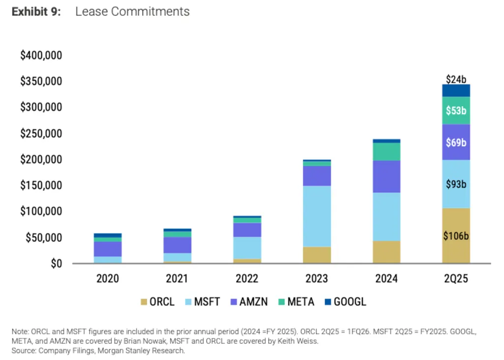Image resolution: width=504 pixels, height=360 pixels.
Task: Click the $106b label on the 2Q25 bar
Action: pos(456,236)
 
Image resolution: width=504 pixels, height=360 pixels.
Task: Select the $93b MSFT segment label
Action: pos(456,184)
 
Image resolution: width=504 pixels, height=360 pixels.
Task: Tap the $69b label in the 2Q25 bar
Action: pos(456,143)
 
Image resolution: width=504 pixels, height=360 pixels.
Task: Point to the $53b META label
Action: pos(456,111)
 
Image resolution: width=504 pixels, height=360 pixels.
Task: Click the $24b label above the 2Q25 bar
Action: pos(456,79)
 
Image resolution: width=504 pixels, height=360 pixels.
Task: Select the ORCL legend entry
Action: pos(158,302)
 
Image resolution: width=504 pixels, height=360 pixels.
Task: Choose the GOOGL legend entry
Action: pos(345,302)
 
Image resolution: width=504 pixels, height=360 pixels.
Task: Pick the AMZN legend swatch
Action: pos(233,302)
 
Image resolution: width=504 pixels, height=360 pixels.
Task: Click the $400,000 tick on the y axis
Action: pos(41,55)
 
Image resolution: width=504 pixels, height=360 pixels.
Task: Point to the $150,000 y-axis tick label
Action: pos(41,185)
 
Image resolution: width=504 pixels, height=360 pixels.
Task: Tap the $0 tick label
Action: pos(55,264)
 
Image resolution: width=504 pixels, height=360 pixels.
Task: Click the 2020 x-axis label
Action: pos(107,279)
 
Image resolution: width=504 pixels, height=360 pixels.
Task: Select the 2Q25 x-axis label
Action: pos(456,279)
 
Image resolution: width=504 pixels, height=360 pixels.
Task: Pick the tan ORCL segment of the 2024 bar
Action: pos(386,252)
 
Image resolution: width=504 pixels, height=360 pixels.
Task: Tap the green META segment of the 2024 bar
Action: pos(386,151)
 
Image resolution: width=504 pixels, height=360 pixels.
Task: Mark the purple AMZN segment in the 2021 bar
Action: pos(177,245)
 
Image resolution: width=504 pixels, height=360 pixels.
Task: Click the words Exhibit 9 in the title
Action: pos(36,12)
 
